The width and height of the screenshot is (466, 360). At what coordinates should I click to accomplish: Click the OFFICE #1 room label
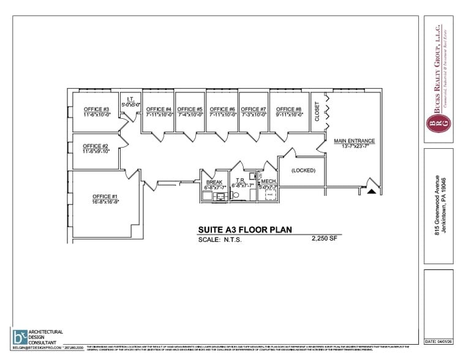(x=97, y=196)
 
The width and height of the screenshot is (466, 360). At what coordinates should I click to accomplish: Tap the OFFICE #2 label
(x=96, y=146)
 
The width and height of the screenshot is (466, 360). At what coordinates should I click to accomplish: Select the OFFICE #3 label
(x=96, y=109)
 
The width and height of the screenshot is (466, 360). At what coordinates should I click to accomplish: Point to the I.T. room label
(x=130, y=99)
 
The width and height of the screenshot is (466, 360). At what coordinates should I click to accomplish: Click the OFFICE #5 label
(x=190, y=109)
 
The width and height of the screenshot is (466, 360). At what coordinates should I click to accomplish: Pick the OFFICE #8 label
(x=289, y=109)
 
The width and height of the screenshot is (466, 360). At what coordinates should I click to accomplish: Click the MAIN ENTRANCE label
(x=354, y=141)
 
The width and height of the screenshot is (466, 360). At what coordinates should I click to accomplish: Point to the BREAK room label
(x=214, y=182)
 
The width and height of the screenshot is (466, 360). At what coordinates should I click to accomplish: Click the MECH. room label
(x=268, y=182)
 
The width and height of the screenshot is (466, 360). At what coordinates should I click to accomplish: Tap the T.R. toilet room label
(x=241, y=181)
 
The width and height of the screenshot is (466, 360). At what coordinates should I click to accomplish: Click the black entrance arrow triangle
(x=370, y=191)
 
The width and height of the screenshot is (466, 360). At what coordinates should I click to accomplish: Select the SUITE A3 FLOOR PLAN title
(x=244, y=230)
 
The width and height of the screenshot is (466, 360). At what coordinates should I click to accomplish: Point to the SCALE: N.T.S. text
(x=220, y=240)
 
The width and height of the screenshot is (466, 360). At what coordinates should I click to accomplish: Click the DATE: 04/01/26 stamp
(x=438, y=341)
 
